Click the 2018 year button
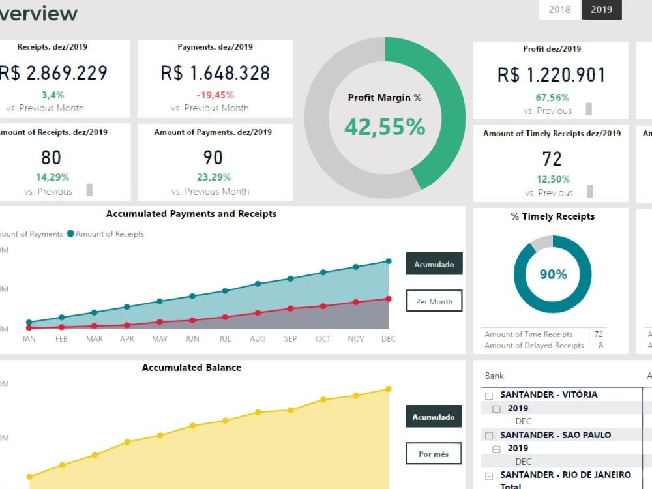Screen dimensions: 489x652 coord(559,10)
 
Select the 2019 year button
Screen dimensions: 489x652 coord(601,10)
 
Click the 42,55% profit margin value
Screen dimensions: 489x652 coord(385,126)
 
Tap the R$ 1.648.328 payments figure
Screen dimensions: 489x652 coord(215,73)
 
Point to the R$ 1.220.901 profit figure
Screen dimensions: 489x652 coord(551,75)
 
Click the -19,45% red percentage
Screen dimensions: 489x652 coord(215,95)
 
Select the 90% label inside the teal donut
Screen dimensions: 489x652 coord(553,274)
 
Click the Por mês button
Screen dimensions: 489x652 coord(434,454)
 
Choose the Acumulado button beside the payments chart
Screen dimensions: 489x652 coord(434,265)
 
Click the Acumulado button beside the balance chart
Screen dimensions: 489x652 coord(434,417)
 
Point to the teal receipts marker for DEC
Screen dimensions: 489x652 coord(389,261)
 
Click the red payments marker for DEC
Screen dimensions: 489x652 coord(389,299)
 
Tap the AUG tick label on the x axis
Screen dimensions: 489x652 coord(258,339)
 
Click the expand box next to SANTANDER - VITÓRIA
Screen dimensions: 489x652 coord(488,395)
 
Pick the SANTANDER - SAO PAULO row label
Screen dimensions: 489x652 coord(556,435)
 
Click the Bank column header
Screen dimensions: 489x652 coord(494,376)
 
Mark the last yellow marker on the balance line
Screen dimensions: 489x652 coord(389,389)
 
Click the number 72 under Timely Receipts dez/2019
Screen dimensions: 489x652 coord(552,158)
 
